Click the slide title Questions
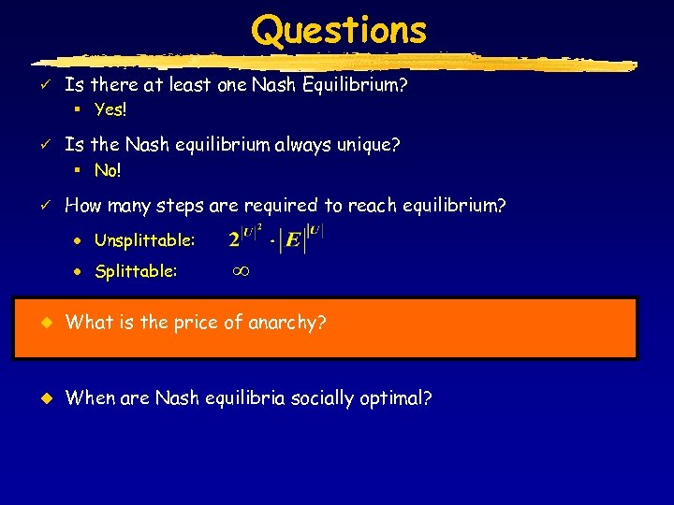(338, 30)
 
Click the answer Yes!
(110, 110)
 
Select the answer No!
(108, 171)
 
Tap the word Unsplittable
(144, 241)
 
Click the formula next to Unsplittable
(275, 240)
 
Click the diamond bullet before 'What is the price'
(42, 324)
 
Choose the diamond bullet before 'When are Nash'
(42, 398)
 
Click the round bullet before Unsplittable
(81, 242)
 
